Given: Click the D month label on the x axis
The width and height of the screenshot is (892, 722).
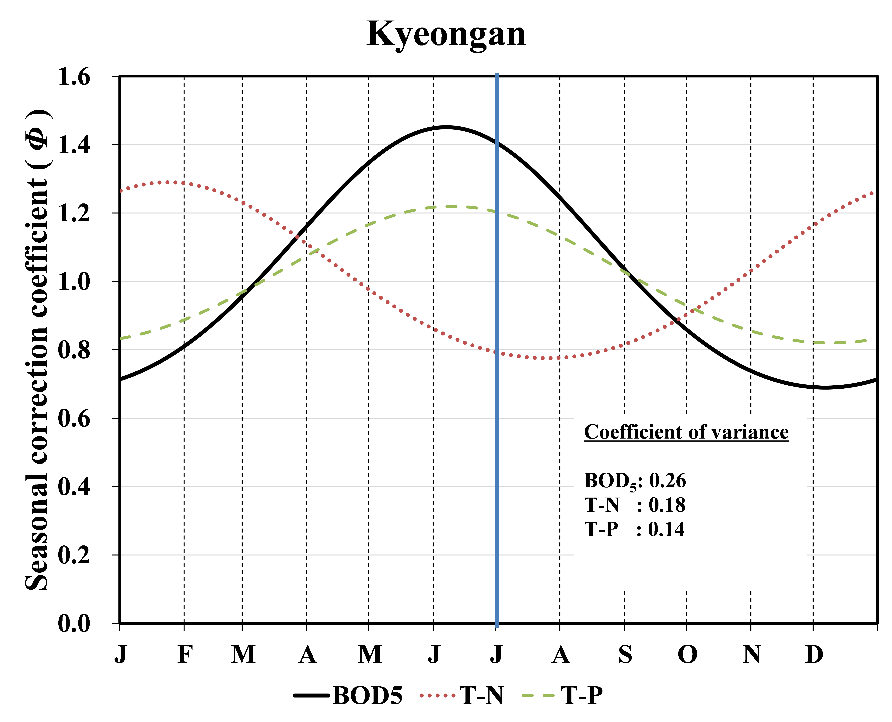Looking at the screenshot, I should pyautogui.click(x=814, y=655).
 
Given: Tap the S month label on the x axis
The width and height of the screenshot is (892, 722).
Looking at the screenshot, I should pyautogui.click(x=625, y=655).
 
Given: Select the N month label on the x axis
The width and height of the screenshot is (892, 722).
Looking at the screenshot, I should pyautogui.click(x=751, y=655).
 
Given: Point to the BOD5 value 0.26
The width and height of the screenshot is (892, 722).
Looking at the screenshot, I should pyautogui.click(x=667, y=481).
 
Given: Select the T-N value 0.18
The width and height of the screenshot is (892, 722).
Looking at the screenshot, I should pyautogui.click(x=667, y=505).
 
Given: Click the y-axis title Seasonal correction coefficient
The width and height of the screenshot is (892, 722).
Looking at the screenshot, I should pyautogui.click(x=37, y=349).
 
